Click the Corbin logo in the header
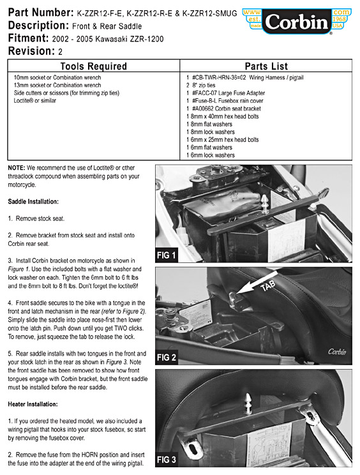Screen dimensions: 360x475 (297, 21)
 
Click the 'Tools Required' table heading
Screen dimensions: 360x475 (94, 66)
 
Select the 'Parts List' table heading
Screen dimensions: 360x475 (266, 66)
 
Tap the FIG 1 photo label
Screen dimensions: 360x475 (166, 255)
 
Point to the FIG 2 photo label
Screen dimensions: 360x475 (166, 358)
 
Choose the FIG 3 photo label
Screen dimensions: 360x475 (166, 460)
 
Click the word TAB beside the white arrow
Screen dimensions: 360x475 (268, 285)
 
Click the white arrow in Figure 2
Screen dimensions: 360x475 (257, 283)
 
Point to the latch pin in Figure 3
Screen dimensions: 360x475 (248, 403)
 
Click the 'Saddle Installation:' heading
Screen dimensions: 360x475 (33, 202)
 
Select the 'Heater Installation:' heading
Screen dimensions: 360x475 (33, 404)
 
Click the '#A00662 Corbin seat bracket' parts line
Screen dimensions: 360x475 (227, 109)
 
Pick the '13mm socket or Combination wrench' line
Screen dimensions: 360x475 (57, 85)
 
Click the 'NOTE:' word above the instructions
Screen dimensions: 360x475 (17, 168)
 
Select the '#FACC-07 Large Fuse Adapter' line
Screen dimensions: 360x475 (229, 93)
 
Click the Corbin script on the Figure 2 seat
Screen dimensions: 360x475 (337, 352)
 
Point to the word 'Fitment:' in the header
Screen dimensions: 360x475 (29, 38)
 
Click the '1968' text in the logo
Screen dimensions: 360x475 (340, 19)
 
